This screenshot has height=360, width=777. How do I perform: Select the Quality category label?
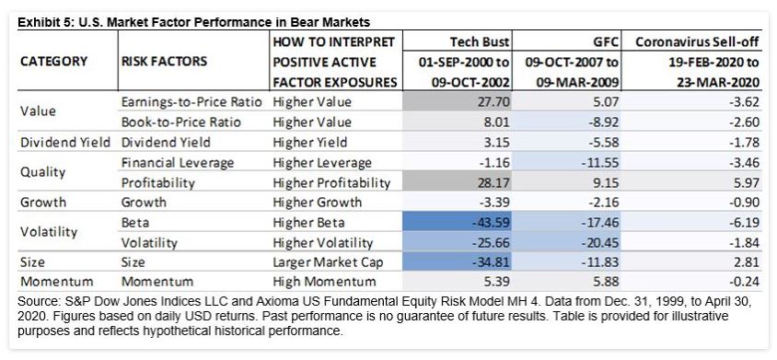click(41, 171)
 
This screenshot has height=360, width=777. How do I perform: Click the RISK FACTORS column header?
click(165, 62)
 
